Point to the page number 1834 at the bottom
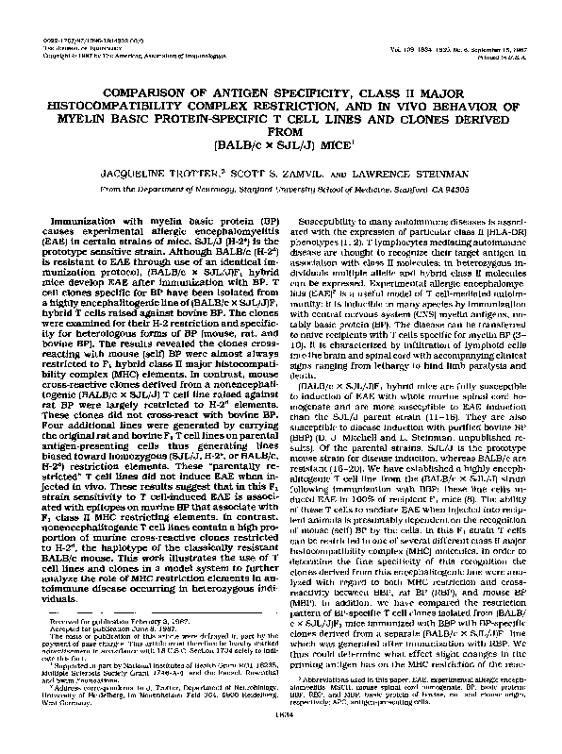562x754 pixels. pos(280,743)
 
